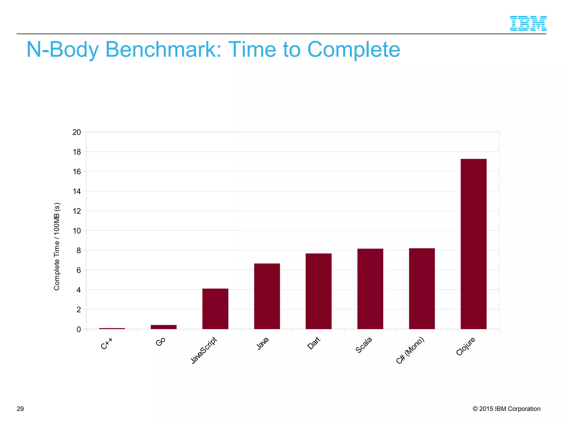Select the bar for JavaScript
[x=215, y=309]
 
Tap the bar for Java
[x=267, y=296]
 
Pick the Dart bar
[x=318, y=291]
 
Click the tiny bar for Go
[x=164, y=327]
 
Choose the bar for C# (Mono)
[x=422, y=288]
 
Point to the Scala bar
[x=370, y=289]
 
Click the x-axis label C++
[x=107, y=344]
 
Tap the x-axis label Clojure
[x=466, y=346]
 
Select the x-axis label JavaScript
[x=204, y=350]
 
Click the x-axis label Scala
[x=364, y=345]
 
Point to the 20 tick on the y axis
[x=77, y=132]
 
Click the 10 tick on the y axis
[x=77, y=231]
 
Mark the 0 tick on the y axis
[x=79, y=329]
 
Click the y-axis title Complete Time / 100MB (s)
[x=57, y=246]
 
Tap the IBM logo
[x=528, y=23]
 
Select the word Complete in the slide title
[x=354, y=50]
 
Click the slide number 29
[x=20, y=409]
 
